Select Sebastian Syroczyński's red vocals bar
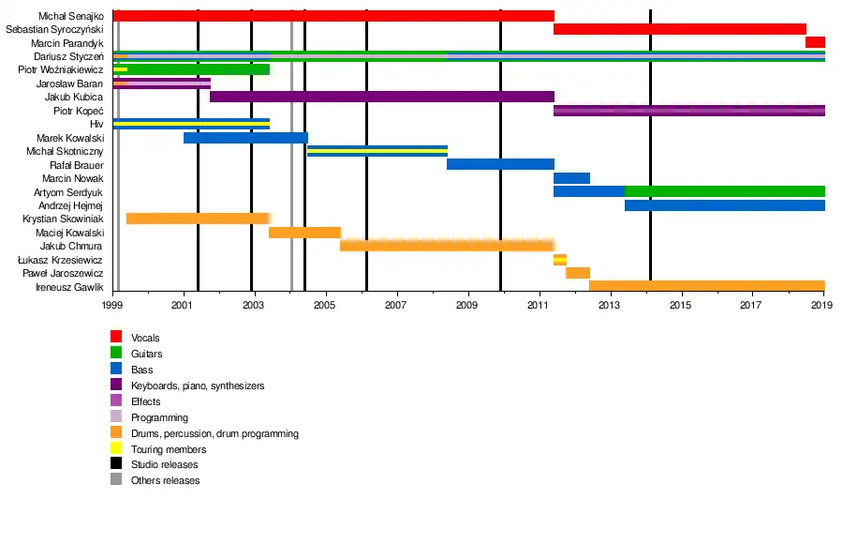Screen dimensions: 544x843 click(x=679, y=29)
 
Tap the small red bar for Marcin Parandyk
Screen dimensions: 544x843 click(x=815, y=42)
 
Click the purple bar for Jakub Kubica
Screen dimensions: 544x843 click(x=382, y=97)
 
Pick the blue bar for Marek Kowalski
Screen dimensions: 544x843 click(x=245, y=138)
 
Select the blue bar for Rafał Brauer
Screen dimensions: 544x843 click(x=500, y=164)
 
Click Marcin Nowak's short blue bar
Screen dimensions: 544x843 click(x=571, y=178)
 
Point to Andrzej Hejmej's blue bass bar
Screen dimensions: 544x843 click(x=724, y=205)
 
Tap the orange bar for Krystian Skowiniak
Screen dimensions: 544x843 click(x=198, y=219)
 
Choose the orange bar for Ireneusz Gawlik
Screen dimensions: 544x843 click(x=706, y=286)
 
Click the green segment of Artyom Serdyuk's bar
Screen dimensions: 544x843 click(x=724, y=191)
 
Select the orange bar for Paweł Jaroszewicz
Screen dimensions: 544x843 click(x=577, y=273)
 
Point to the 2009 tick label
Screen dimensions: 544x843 click(x=466, y=306)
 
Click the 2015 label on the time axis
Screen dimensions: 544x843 click(x=680, y=306)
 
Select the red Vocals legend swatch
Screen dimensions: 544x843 click(x=116, y=337)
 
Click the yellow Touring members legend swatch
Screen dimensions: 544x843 click(x=116, y=449)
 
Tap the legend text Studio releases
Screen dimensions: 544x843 click(x=164, y=465)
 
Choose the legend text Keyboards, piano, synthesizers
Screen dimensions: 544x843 click(x=198, y=385)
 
